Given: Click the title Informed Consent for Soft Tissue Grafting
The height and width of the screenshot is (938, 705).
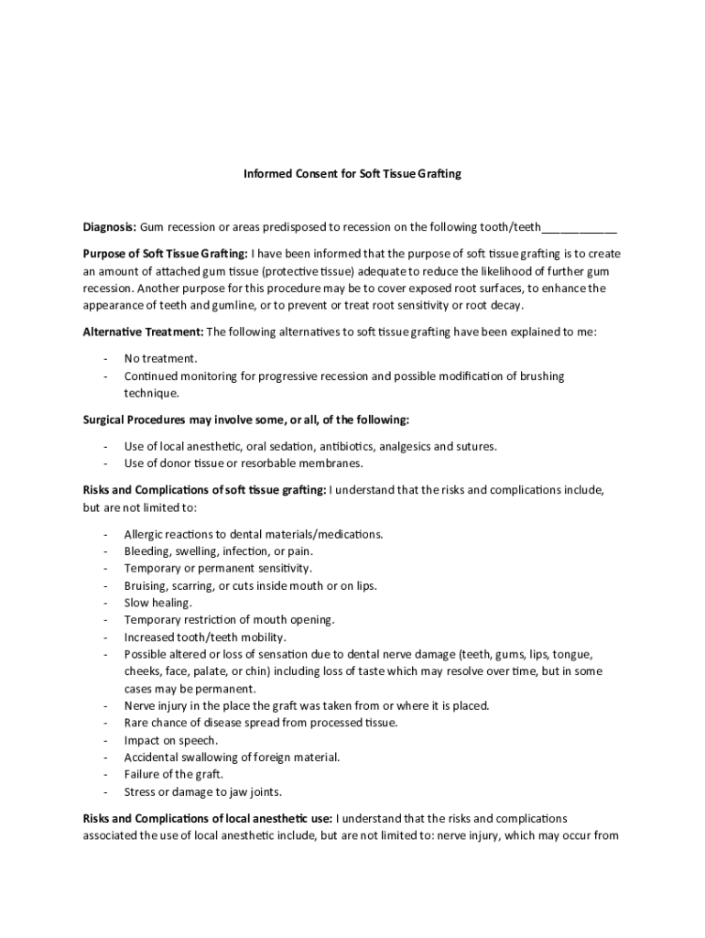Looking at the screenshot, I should coord(352,172).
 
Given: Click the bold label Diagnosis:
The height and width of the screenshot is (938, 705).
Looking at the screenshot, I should coord(110,227).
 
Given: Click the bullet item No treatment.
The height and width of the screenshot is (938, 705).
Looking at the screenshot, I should coord(161,358).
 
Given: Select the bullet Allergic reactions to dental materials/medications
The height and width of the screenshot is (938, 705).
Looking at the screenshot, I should coord(254,534).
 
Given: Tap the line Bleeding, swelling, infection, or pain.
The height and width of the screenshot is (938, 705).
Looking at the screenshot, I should coord(219,551).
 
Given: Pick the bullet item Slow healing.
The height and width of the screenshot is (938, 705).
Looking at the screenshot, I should coord(158,603).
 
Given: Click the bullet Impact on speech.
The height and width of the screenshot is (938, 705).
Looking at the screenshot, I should coord(171,740).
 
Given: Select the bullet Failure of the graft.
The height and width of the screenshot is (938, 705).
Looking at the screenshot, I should coord(174,774).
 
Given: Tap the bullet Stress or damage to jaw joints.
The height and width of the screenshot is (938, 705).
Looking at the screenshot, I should coord(203,791).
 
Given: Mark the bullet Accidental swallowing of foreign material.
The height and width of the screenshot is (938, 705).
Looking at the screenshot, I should coord(232,758).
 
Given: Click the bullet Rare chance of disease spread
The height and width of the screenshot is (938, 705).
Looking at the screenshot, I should coord(261,723).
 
